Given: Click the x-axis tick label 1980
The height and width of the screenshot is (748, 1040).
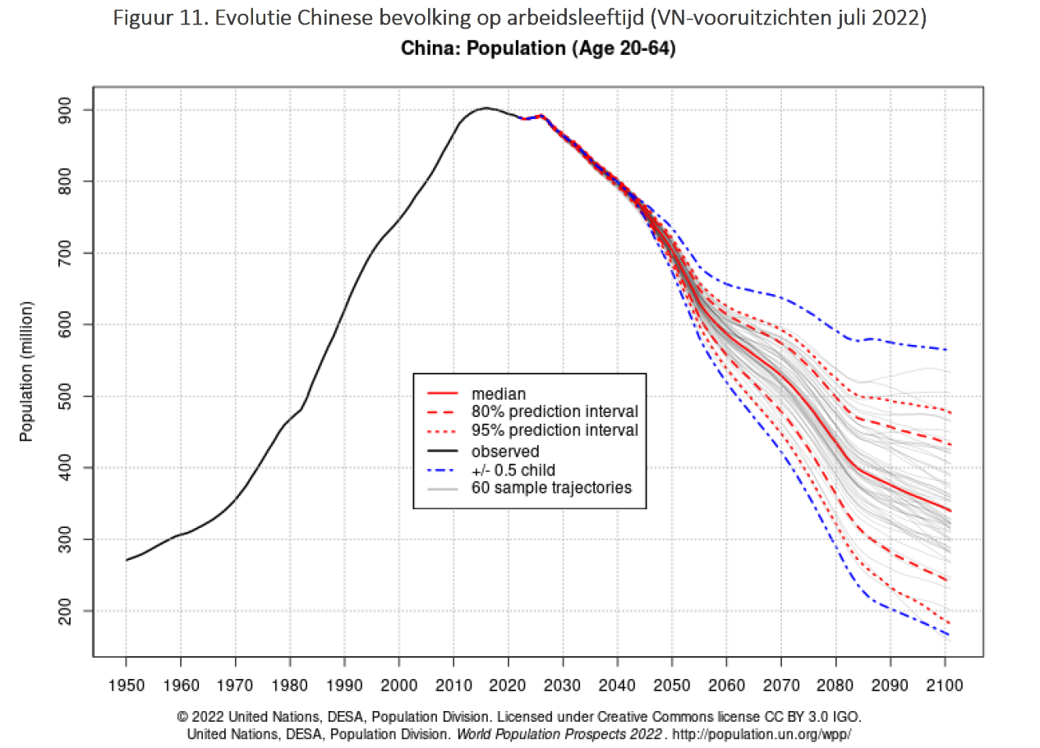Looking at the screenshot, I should (x=290, y=683).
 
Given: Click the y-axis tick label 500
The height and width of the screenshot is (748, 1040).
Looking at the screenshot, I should (x=70, y=397).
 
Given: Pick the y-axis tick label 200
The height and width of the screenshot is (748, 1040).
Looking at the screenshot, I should (x=70, y=611).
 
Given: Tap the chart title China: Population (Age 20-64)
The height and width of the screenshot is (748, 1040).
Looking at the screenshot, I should (x=538, y=48).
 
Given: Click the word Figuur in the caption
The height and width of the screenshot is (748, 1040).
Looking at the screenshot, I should (x=138, y=19).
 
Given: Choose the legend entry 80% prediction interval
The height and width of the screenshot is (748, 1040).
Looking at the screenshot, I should (x=555, y=411).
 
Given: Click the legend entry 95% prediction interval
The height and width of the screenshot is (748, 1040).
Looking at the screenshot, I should (x=555, y=430).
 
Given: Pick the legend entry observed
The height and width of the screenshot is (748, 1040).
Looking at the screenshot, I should (x=505, y=451).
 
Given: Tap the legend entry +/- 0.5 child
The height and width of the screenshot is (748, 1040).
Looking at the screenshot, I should (x=513, y=470).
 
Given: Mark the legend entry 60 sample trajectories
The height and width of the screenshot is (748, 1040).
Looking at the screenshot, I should (x=551, y=488).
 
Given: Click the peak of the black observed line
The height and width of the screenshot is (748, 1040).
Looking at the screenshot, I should (x=485, y=108).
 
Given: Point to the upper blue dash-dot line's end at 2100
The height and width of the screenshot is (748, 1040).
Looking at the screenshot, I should (x=946, y=350).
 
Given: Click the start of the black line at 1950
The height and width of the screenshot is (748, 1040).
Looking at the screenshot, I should (x=127, y=560).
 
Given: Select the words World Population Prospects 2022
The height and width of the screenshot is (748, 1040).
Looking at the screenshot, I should (x=559, y=734).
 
